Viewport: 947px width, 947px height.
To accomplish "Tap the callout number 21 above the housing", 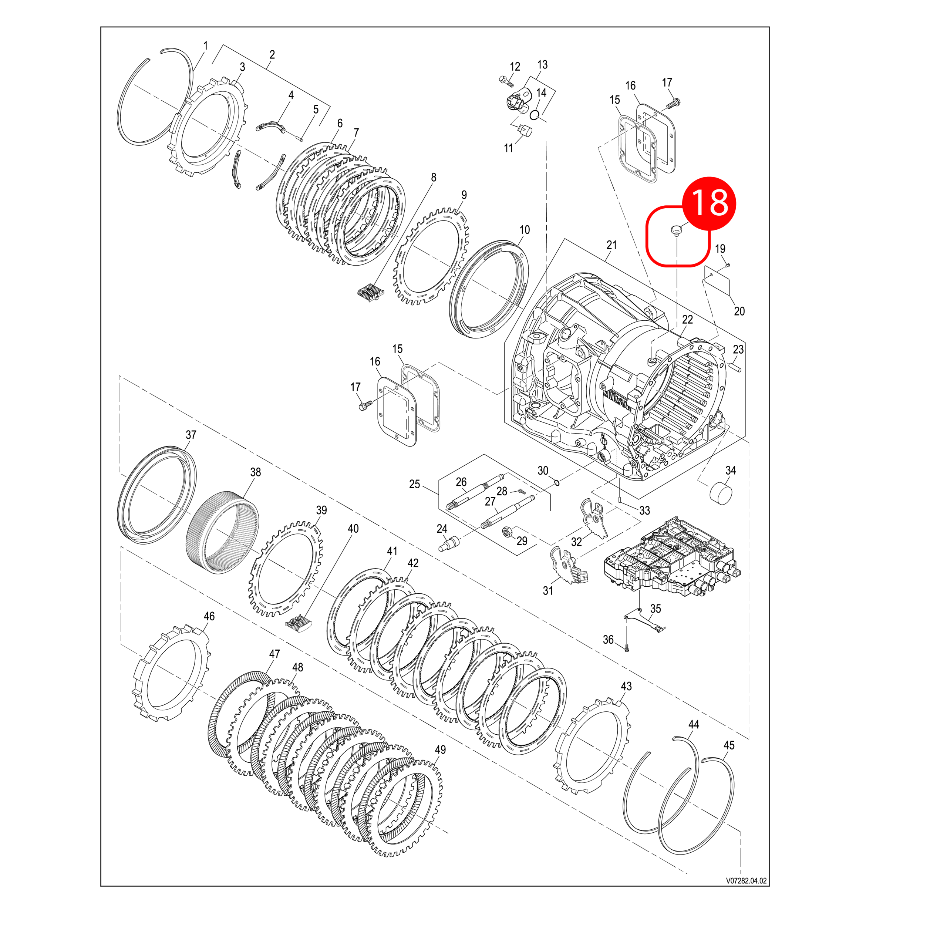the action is click(x=611, y=245).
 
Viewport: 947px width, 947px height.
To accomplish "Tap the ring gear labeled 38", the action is click(x=223, y=531).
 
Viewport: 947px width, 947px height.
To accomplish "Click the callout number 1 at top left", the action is click(x=205, y=46).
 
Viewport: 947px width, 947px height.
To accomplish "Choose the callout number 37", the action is click(x=191, y=435).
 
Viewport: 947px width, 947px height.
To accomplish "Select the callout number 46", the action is click(x=209, y=616).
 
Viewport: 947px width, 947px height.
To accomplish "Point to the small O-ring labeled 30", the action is click(x=557, y=483).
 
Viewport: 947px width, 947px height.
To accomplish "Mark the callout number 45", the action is click(x=729, y=745).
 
